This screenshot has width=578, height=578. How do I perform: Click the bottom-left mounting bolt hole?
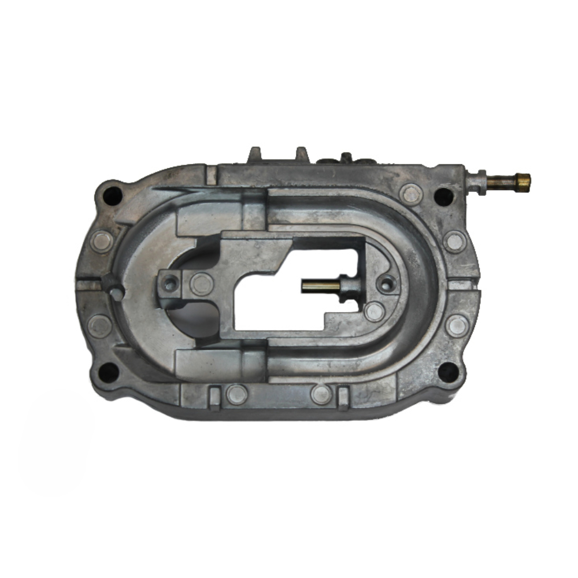(108, 372)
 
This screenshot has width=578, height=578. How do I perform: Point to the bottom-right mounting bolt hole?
(448, 371)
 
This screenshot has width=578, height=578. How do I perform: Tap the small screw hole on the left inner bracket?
(170, 283)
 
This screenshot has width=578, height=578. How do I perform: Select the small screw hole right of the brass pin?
(386, 284)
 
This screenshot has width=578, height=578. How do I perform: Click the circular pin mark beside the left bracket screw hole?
(201, 284)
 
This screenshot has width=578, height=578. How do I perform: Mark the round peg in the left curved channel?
(116, 293)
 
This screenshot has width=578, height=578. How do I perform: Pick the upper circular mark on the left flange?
(102, 241)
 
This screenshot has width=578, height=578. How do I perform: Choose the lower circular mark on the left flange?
(100, 326)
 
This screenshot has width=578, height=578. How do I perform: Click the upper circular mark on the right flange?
(455, 241)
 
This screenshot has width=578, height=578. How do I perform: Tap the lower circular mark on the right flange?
(457, 325)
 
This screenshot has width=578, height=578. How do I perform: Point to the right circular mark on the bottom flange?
(321, 394)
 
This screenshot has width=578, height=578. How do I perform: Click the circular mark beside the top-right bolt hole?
(411, 194)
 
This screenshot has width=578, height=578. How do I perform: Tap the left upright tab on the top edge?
(255, 155)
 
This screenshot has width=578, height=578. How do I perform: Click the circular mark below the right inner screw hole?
(374, 312)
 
